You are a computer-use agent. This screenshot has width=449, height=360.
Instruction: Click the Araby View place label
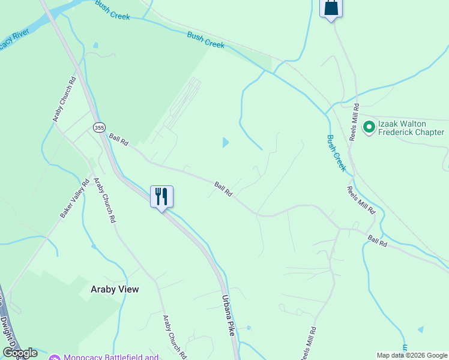115,289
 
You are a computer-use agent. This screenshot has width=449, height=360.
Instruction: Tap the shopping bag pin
331,8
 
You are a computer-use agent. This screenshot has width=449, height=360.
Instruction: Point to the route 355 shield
99,127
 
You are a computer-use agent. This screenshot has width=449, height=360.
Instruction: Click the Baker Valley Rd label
74,199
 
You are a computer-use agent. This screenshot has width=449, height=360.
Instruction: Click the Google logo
20,353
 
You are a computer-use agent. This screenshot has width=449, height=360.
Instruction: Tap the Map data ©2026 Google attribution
412,355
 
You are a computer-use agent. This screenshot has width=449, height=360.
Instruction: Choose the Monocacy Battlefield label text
112,358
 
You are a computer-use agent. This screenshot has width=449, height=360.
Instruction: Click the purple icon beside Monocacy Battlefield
54,358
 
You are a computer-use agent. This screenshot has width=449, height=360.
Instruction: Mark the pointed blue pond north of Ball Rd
226,142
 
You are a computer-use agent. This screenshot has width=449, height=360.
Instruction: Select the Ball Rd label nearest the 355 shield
119,140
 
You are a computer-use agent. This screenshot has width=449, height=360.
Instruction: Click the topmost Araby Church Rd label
64,99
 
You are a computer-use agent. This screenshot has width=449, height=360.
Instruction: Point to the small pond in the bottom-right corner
420,329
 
